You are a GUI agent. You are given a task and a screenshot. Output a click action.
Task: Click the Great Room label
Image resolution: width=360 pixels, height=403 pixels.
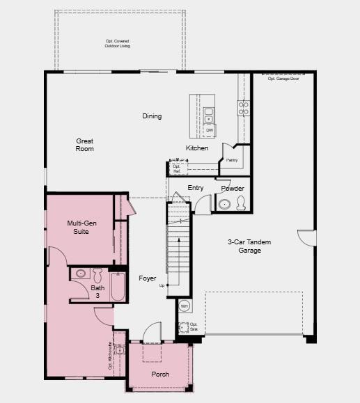(84, 145)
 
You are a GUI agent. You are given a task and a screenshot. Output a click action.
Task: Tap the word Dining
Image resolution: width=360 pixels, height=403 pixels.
(152, 116)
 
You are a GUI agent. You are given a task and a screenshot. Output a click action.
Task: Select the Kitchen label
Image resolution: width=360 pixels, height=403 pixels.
(196, 148)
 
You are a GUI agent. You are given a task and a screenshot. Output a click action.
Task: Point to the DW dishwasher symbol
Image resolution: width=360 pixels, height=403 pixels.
(210, 130)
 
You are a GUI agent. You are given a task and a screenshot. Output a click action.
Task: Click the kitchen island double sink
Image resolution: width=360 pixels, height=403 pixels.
(209, 116)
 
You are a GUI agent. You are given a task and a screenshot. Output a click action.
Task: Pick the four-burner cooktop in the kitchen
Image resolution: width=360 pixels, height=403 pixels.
(244, 108)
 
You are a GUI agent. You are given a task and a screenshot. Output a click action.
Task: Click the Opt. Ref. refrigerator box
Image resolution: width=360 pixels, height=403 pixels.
(177, 168)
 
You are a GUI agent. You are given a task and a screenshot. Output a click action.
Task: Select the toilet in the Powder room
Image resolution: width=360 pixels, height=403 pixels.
(241, 203)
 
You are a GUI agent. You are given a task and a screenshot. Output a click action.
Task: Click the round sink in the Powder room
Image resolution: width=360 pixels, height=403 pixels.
(224, 205)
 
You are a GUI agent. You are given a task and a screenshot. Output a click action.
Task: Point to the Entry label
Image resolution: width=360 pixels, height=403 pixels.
(196, 188)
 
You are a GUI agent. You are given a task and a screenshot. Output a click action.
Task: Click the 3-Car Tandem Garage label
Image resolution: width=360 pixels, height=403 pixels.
(249, 246)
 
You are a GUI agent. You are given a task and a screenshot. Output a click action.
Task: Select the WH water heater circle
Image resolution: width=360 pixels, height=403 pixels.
(185, 306)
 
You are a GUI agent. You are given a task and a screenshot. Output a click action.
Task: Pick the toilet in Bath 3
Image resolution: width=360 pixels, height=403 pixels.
(97, 274)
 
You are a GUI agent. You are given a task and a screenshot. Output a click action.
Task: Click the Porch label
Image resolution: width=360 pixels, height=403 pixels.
(160, 374)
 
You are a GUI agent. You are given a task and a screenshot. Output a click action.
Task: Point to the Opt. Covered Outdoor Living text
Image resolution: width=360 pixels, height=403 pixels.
(117, 44)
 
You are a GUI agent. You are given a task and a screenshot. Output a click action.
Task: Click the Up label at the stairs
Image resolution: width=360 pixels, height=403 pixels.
(162, 285)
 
